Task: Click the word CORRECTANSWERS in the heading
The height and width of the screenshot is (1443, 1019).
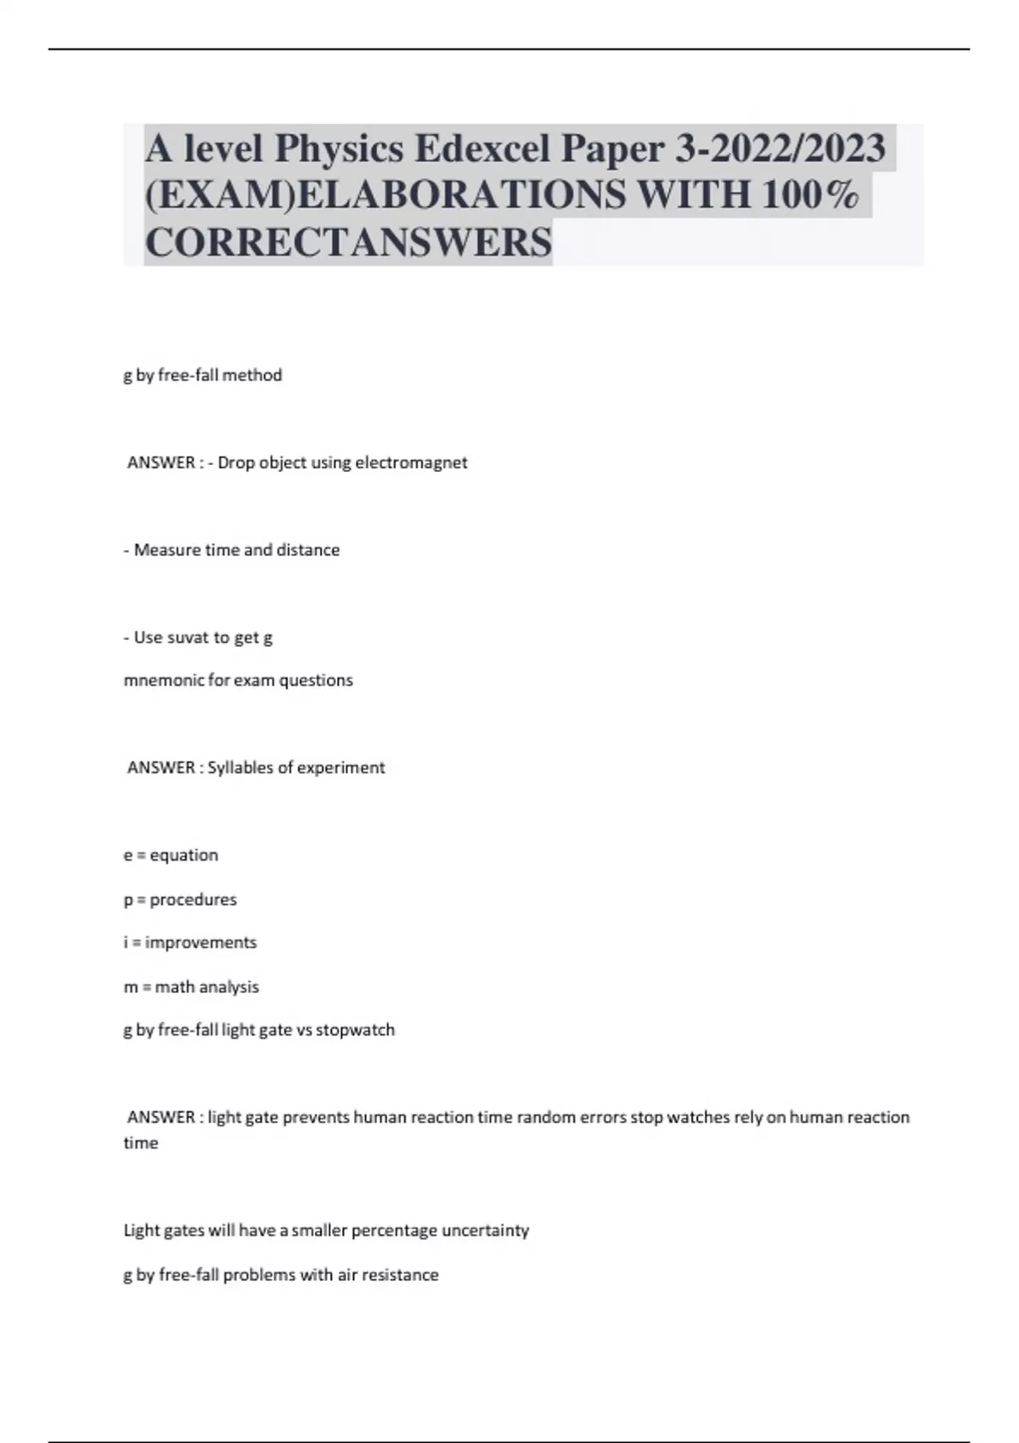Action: pyautogui.click(x=348, y=243)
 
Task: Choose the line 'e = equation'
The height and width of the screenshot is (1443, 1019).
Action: pyautogui.click(x=171, y=856)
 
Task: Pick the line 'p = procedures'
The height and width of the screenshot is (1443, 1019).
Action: pyautogui.click(x=180, y=900)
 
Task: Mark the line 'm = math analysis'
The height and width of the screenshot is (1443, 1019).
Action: pyautogui.click(x=191, y=987)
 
